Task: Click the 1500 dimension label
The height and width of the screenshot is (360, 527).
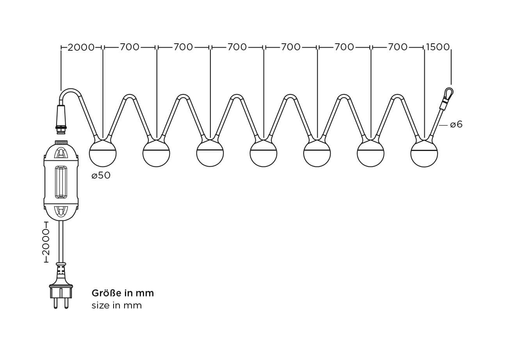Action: [x=438, y=47]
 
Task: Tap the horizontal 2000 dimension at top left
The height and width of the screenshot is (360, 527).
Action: [x=81, y=48]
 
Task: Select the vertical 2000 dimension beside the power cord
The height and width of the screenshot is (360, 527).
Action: [x=46, y=242]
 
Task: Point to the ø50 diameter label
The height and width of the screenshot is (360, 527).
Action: [x=101, y=176]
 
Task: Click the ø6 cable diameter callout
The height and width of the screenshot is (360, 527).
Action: [x=456, y=124]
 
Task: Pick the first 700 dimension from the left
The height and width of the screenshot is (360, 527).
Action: [x=130, y=47]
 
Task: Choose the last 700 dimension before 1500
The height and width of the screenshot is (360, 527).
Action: [x=398, y=47]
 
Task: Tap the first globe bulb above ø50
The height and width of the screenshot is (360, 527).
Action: [x=103, y=153]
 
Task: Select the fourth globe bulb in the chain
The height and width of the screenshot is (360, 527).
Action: [x=263, y=153]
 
